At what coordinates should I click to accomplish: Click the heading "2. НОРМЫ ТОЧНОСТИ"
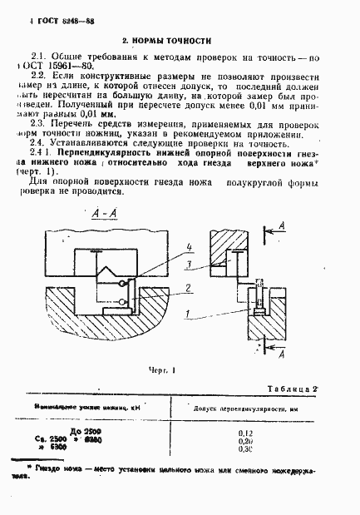(x=167, y=40)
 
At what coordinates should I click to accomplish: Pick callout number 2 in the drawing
(x=190, y=288)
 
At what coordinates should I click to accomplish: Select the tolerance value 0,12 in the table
(x=244, y=433)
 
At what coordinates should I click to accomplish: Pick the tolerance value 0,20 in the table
(x=244, y=443)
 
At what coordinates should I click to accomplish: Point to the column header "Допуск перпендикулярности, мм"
(x=244, y=409)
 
